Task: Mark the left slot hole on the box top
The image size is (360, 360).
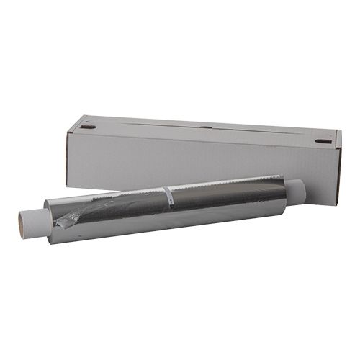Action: point(88,127)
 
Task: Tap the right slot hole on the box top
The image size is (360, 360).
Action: point(322,141)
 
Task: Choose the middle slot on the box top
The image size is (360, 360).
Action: point(205,127)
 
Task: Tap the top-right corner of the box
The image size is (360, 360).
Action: point(340,132)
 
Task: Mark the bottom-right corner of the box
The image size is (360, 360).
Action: point(332,204)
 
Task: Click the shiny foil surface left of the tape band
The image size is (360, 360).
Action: point(115,209)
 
